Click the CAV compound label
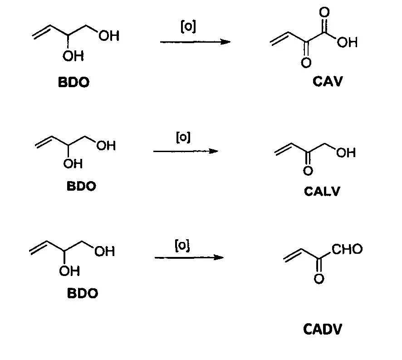327,82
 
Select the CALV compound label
322,191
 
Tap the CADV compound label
323,329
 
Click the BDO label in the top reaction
74,83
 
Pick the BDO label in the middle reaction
82,187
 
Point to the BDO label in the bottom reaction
83,293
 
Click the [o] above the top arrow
188,27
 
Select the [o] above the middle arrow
183,137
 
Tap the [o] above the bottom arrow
182,245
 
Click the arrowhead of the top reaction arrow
226,42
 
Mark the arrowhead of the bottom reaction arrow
219,258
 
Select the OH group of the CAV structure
347,43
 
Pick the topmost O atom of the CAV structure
325,12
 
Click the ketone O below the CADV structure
319,278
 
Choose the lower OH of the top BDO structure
73,56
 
